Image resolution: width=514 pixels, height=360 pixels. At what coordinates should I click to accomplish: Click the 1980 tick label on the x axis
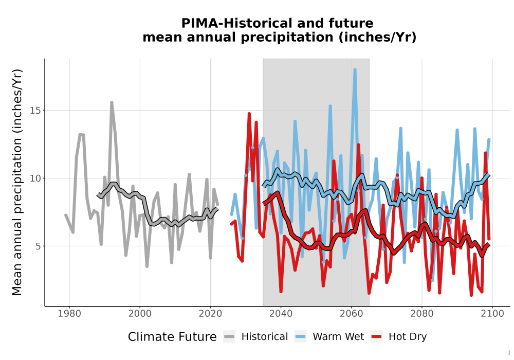[x=69, y=314]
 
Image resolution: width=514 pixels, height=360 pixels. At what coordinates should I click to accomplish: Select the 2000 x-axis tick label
[x=140, y=314]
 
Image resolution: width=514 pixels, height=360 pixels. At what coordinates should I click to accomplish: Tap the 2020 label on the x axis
[x=210, y=314]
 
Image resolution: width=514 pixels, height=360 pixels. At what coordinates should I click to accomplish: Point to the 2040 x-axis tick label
[x=281, y=314]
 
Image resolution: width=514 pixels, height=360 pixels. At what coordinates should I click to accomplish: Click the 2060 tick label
[x=351, y=314]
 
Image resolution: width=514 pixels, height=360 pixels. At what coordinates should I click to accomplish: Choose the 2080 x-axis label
[x=422, y=314]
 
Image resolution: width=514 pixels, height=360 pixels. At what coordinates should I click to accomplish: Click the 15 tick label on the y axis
[x=35, y=111]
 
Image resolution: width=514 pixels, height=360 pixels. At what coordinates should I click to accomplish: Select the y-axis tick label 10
[x=35, y=178]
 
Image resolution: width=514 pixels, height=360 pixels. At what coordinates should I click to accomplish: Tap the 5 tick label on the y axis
[x=39, y=246]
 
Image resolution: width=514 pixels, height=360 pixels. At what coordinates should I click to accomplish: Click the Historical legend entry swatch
[x=229, y=337]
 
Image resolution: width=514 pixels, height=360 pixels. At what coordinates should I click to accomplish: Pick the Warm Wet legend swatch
[x=300, y=337]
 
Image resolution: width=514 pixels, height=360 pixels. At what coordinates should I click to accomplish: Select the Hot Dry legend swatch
[x=376, y=337]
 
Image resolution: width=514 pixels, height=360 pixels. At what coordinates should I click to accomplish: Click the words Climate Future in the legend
[x=172, y=337]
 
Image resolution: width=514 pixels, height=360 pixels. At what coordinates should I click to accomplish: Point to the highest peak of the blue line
[x=355, y=69]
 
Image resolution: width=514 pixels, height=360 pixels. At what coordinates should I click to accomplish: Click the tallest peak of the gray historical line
[x=112, y=103]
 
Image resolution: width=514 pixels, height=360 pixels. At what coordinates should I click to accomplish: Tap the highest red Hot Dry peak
[x=249, y=114]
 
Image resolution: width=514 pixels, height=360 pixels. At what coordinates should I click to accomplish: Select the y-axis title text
[x=17, y=182]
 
